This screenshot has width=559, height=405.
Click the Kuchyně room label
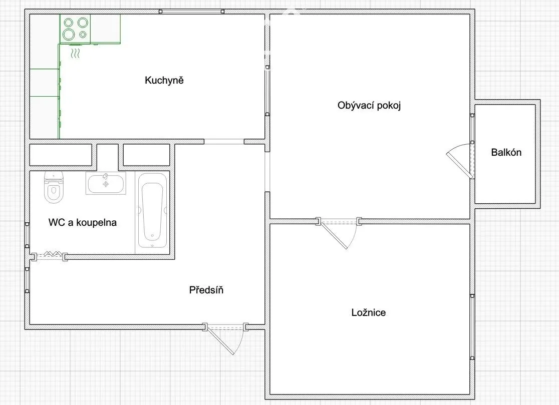click(164, 80)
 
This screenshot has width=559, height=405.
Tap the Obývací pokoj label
click(369, 106)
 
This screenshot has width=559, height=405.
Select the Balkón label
click(506, 152)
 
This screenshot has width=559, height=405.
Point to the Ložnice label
click(368, 312)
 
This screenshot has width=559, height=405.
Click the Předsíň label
click(206, 289)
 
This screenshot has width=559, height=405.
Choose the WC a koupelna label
click(82, 222)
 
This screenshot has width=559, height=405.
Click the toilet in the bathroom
click(54, 187)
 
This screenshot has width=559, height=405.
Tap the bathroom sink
click(106, 183)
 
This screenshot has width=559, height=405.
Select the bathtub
click(152, 211)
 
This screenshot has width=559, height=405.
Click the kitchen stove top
click(75, 29)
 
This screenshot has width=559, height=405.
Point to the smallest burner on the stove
click(83, 35)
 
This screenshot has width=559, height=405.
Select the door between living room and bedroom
click(339, 233)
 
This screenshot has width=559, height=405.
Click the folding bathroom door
click(50, 255)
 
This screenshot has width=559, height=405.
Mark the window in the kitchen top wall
click(191, 12)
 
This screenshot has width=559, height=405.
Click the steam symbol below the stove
click(75, 54)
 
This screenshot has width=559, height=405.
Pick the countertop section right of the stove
click(106, 29)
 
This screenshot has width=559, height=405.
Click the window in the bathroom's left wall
click(27, 235)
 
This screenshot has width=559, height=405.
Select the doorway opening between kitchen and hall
click(224, 141)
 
